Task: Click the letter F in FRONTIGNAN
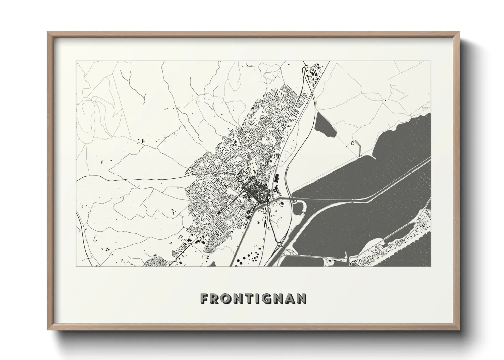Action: click(204, 298)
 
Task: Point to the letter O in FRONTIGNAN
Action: click(225, 298)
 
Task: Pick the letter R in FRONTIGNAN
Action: click(214, 298)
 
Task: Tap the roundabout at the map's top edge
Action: click(305, 67)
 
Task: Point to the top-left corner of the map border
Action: click(76, 61)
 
